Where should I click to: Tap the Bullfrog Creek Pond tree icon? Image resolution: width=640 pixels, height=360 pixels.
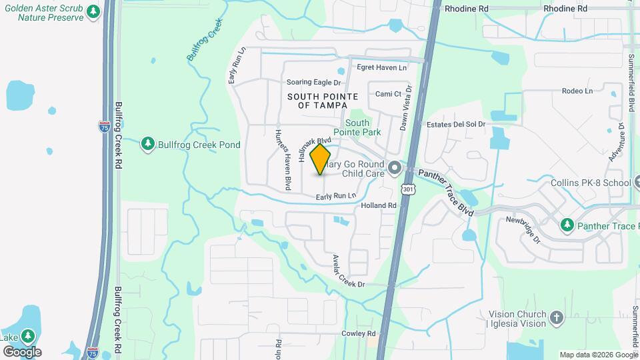coord(147,144)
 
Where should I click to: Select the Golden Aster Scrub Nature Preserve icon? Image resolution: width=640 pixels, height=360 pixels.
coord(93,11)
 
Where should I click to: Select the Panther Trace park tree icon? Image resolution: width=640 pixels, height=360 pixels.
coord(567,226)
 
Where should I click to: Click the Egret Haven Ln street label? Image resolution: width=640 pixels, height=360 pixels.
coord(381,67)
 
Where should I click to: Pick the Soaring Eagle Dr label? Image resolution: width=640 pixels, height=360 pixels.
coord(313,83)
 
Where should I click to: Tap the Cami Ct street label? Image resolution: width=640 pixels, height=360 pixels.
coord(388,94)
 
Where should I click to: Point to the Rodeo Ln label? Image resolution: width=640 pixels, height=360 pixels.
coord(577,91)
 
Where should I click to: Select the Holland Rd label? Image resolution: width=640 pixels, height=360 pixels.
coord(379,206)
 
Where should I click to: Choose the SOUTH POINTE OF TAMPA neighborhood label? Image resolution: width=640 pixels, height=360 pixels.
coord(317,101)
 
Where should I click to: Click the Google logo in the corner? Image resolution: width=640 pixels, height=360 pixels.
coord(22,351)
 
